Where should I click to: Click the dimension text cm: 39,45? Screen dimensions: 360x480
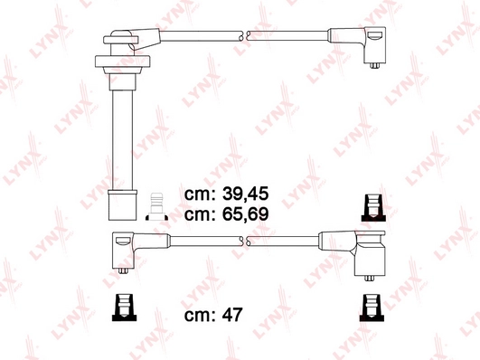pyautogui.click(x=226, y=194)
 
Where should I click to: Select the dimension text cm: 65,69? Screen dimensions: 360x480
pyautogui.click(x=226, y=215)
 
